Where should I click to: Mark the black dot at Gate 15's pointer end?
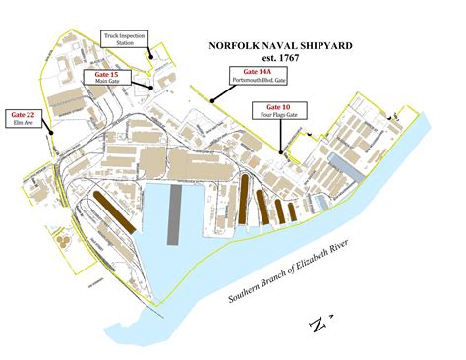click(149, 87)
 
